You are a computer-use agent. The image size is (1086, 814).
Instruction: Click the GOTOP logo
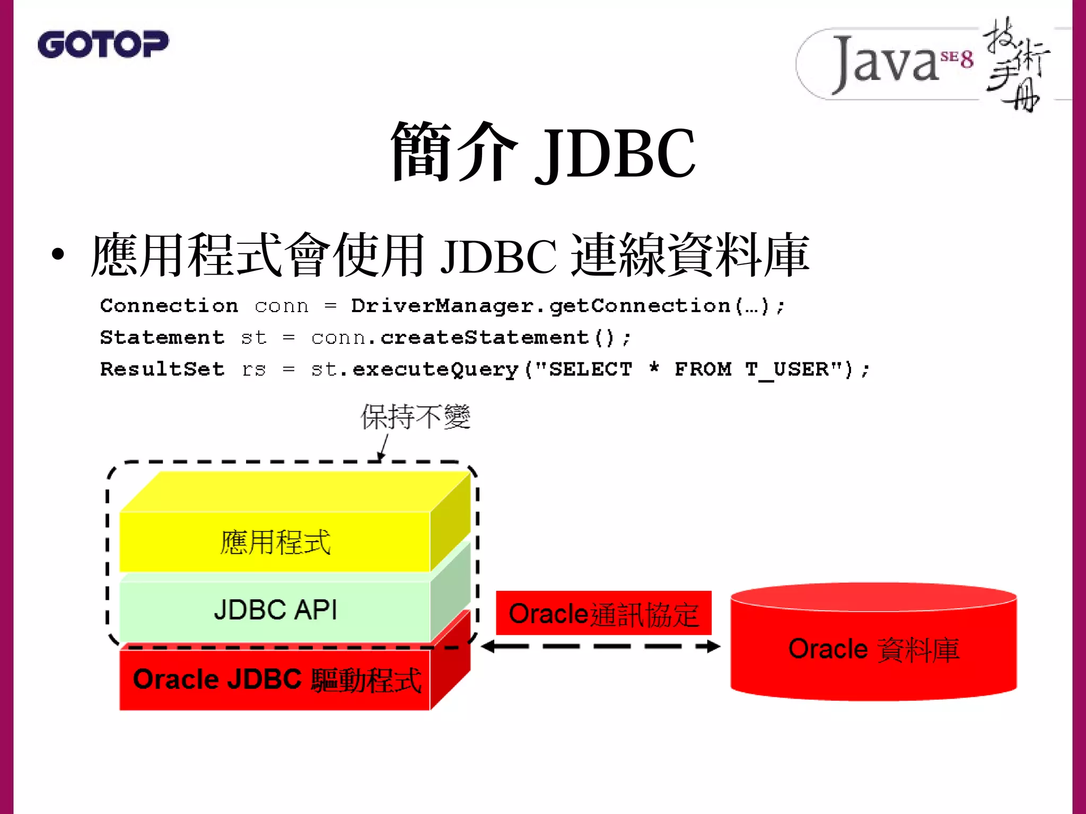[103, 45]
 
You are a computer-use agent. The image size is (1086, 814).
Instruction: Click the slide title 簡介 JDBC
[542, 153]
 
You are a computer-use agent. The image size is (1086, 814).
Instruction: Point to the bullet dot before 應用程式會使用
[58, 254]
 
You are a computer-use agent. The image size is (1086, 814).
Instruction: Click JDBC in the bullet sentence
[498, 256]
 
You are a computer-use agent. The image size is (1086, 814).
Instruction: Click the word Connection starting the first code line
[169, 306]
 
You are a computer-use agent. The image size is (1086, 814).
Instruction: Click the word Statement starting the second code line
[162, 338]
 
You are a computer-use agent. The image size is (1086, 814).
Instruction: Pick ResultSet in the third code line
[162, 369]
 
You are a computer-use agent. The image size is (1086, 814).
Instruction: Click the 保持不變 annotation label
[415, 417]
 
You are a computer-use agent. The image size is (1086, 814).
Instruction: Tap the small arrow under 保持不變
[383, 448]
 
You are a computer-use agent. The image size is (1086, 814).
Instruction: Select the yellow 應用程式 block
[275, 542]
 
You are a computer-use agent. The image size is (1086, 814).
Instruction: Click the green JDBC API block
[275, 609]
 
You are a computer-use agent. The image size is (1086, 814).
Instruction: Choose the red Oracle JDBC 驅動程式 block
[275, 679]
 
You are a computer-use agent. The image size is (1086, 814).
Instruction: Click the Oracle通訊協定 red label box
[603, 613]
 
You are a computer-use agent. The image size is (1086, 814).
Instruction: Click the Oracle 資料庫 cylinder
[873, 649]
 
